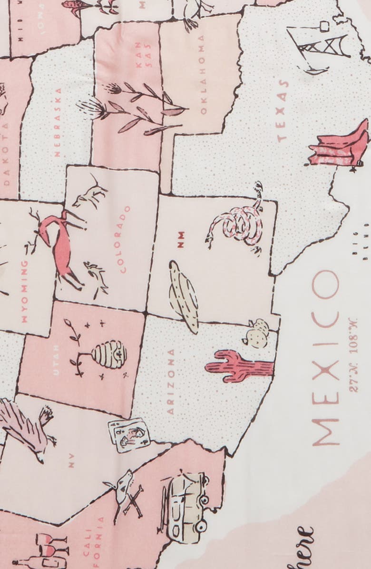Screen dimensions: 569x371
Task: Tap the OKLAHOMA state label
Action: pos(203,75)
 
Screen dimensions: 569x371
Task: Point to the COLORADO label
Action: pos(125,239)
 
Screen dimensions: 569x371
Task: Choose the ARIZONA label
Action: pos(170,381)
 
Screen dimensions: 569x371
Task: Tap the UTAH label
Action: pos(56,360)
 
